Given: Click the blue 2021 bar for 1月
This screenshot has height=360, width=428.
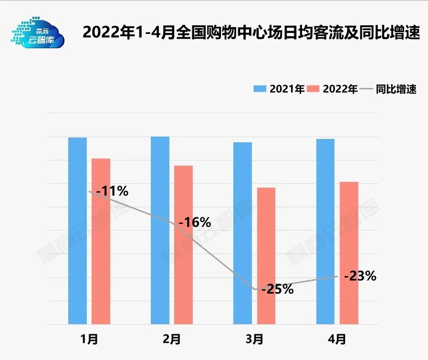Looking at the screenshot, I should point(77,231).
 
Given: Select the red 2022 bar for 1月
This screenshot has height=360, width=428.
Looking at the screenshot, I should point(101,241).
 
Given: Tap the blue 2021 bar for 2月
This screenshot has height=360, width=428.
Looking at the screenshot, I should point(160,230).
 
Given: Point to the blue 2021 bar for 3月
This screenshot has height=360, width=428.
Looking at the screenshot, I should point(242,233).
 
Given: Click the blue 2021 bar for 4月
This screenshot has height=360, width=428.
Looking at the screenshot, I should point(325,232).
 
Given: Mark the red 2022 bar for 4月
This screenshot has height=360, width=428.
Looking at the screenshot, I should point(349,253).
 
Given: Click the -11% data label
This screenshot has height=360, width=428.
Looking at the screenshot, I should point(112,191).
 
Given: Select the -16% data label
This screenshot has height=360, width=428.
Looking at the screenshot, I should point(194,222).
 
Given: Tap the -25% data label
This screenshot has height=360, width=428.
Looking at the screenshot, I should point(277,289).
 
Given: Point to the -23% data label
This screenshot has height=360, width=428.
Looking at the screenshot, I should point(360,276).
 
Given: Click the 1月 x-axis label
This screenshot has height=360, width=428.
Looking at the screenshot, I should point(89,339).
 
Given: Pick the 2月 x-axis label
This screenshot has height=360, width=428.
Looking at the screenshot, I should point(172,339).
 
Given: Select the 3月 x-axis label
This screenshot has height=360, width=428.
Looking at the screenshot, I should point(254,339).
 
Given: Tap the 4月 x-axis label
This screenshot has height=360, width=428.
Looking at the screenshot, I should point(337,339).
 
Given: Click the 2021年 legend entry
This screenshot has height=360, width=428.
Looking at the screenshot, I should point(279,89).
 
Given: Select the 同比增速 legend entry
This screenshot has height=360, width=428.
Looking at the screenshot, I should point(389,89).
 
